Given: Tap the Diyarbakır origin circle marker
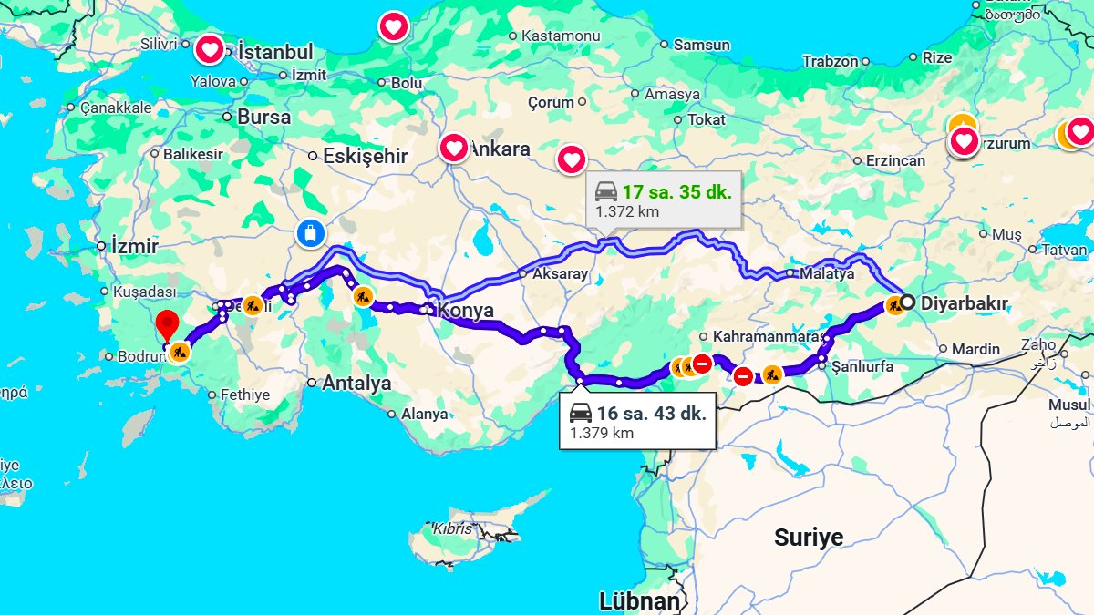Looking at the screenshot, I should click(x=908, y=302).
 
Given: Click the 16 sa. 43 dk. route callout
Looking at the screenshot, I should click(x=637, y=422).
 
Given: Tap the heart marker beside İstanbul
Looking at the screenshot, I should click(x=210, y=49).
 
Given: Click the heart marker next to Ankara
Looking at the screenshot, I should click(x=453, y=148).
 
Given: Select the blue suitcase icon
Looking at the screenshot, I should click(x=311, y=233).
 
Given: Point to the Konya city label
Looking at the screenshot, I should click(x=466, y=311).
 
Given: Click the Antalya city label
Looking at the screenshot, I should click(x=356, y=383).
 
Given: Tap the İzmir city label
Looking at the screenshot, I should click(x=134, y=246).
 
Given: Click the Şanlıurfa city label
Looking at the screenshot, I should click(x=862, y=367).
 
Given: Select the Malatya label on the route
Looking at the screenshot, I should click(x=827, y=273).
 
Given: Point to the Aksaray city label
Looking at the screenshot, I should click(x=560, y=273).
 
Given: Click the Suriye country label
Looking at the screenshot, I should click(x=809, y=537).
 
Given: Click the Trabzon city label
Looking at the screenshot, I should click(x=830, y=61).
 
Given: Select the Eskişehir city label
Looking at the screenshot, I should click(x=365, y=156).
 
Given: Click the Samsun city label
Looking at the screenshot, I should click(x=701, y=45).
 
